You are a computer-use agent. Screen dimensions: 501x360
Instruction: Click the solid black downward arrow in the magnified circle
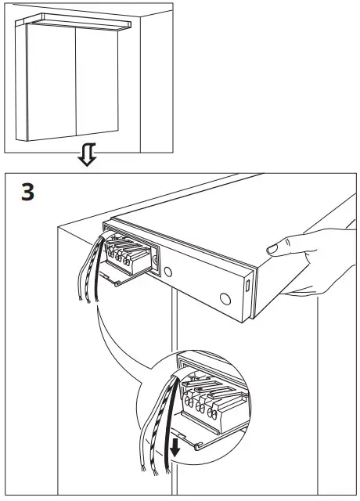pyautogui.click(x=178, y=445)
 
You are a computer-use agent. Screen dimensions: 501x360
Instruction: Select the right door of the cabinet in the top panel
pyautogui.click(x=98, y=86)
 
